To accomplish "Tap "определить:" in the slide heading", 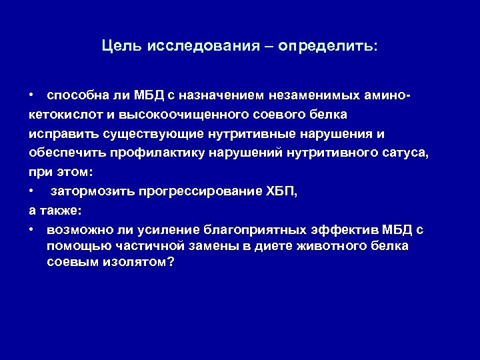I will [x=327, y=47].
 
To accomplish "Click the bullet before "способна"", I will [x=31, y=96].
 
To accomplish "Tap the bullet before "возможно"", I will [x=31, y=230].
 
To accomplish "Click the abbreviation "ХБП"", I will [x=281, y=192].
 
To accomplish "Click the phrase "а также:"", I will [x=55, y=211].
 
